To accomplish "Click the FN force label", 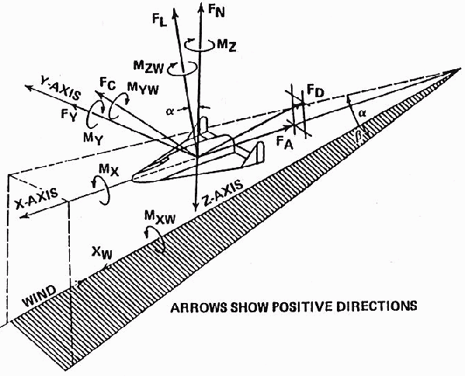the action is [216, 12].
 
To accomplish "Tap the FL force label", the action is [160, 21].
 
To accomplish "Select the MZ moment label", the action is [227, 46].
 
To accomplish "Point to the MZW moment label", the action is [148, 67].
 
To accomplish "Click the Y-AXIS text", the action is [61, 90].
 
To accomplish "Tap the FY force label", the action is [69, 115].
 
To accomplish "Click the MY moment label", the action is [94, 138].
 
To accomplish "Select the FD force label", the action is [315, 91].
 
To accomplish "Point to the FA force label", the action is [284, 144].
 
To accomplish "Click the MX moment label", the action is [109, 171].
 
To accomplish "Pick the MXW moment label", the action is [160, 218].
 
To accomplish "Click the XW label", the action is [102, 252].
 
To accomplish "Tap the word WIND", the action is [40, 296].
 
